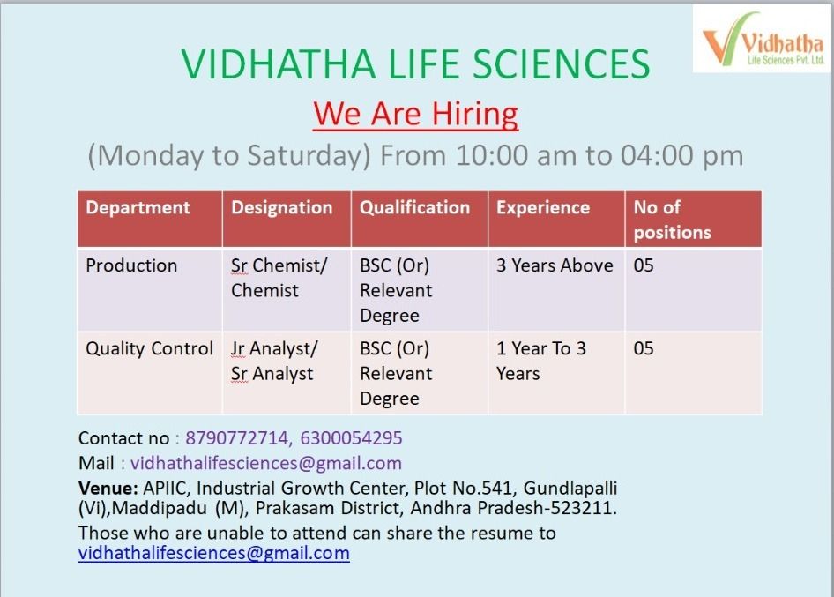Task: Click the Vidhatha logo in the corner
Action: point(763,39)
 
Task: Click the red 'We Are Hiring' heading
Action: point(415,115)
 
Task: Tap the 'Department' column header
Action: point(138,207)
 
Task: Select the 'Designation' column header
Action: point(282,207)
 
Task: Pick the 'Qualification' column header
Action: point(415,207)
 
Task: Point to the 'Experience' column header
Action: point(543,207)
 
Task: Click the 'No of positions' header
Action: point(673,220)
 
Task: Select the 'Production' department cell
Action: point(131,265)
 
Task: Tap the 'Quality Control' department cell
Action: point(150,348)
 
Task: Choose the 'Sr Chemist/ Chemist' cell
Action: point(279,278)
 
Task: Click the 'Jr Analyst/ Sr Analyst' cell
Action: point(274,362)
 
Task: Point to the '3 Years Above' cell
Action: point(555,265)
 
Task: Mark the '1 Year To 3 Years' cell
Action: point(541,362)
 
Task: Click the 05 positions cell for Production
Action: point(644,265)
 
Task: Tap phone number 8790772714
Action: point(236,438)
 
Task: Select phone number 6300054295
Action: point(351,438)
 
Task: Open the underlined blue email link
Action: point(214,554)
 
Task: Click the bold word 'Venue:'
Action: point(108,488)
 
